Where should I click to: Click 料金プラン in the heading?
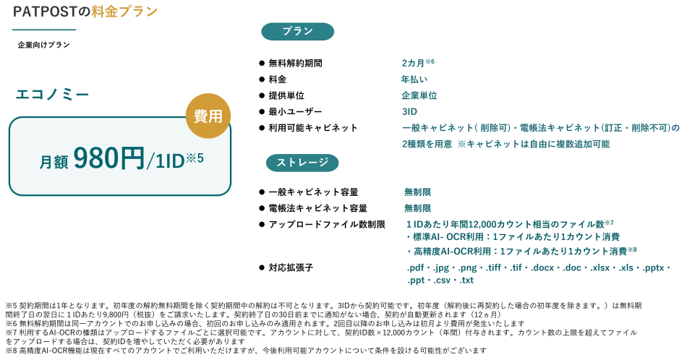coord(124,12)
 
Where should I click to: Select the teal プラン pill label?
coord(297,32)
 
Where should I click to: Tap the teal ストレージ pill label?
coord(302,163)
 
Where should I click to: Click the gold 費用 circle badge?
coord(208,116)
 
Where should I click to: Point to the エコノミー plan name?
coord(53,95)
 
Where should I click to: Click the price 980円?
coord(108,159)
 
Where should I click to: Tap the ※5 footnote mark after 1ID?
coord(195,157)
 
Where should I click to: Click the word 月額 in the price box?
coord(54,163)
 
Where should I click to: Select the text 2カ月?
coord(414,64)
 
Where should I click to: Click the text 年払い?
coord(414,80)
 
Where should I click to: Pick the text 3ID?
coord(409,111)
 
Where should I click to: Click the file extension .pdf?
coord(416,267)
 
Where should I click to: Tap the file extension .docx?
coord(542,267)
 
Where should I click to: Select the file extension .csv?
coord(443,280)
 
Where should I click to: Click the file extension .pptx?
coord(653,267)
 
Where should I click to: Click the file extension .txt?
coord(466,280)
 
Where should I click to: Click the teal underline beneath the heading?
coord(44,30)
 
